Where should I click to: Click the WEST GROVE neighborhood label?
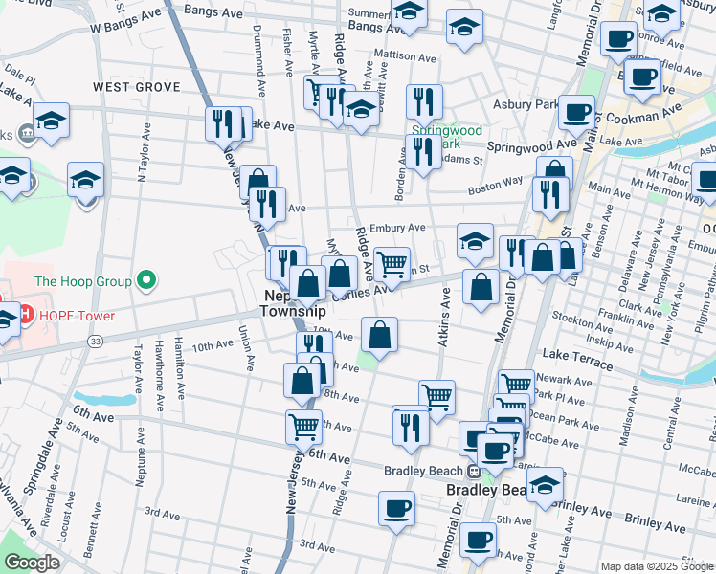pos(137,87)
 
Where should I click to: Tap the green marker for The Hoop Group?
pos(145,281)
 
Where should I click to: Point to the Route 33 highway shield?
pos(95,342)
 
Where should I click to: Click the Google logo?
pos(32,563)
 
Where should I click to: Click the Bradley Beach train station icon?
pos(474,471)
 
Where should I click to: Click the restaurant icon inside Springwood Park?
pos(421,150)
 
